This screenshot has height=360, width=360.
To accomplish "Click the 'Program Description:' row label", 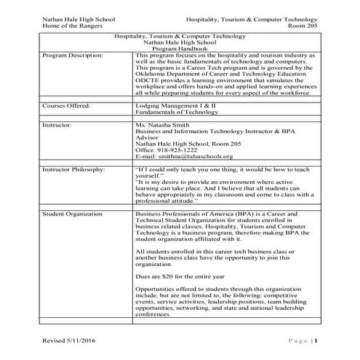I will [73, 55].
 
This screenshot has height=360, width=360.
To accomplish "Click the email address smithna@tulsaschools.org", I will [192, 157].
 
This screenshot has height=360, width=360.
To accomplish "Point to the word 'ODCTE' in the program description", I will [149, 81].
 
